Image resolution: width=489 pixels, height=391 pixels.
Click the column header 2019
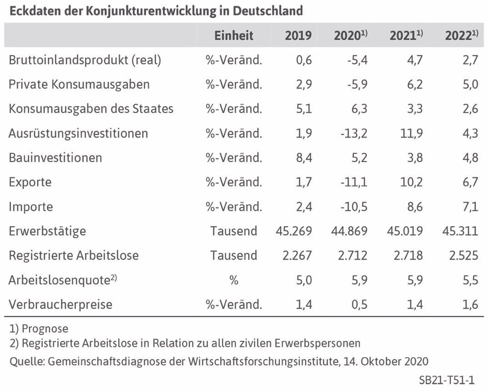tap(298, 35)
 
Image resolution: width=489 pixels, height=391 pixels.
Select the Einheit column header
tap(234, 35)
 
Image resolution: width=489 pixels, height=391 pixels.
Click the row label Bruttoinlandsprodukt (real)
tap(85, 60)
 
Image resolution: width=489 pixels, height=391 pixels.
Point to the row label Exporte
tap(30, 182)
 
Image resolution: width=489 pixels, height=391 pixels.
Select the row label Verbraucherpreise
tap(61, 304)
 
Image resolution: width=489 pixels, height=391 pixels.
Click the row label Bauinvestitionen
tap(55, 158)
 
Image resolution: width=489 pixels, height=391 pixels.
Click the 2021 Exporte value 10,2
tap(412, 182)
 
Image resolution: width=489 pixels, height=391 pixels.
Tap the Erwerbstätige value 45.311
tap(460, 231)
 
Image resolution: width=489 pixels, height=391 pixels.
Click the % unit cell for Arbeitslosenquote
tap(234, 280)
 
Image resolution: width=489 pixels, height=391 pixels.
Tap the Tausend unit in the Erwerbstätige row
tap(234, 231)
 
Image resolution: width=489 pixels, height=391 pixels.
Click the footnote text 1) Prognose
tap(39, 329)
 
